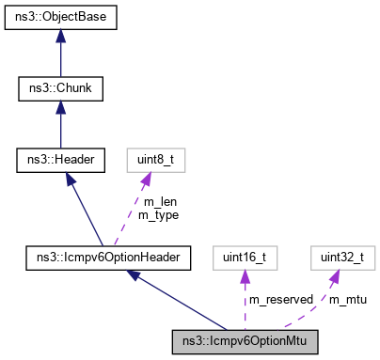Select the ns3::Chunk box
(60, 89)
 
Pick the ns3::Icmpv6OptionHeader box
(109, 257)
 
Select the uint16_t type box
(245, 257)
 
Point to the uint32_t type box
(337, 257)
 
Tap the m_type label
(158, 215)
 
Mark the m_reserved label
(280, 299)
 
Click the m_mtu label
(347, 299)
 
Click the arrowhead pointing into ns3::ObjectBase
(60, 35)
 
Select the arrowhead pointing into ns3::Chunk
(60, 107)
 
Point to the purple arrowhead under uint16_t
(245, 275)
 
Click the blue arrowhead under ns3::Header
(68, 180)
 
